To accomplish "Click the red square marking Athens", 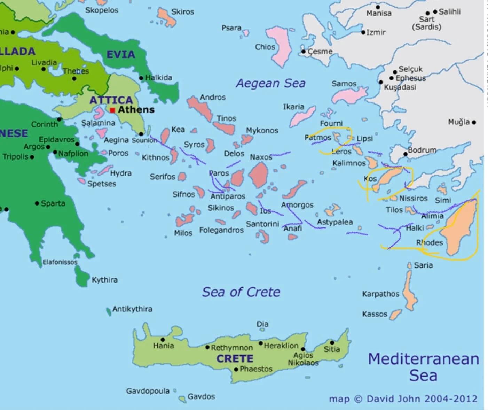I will click(x=112, y=110).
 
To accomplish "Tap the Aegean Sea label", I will click(x=271, y=83).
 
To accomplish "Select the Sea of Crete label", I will click(x=241, y=292).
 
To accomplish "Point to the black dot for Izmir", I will click(x=363, y=32).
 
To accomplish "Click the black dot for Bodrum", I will click(x=406, y=154).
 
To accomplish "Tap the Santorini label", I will click(x=262, y=224).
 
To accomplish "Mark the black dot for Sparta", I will click(x=37, y=203).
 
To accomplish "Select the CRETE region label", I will click(x=235, y=359).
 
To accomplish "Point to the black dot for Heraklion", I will click(x=260, y=343).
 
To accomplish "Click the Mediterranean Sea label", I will click(x=423, y=367).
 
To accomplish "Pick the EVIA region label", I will click(x=120, y=54).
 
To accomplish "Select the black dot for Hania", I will click(x=163, y=340).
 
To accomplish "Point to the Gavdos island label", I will click(x=201, y=396).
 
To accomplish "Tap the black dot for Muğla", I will click(x=474, y=122).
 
